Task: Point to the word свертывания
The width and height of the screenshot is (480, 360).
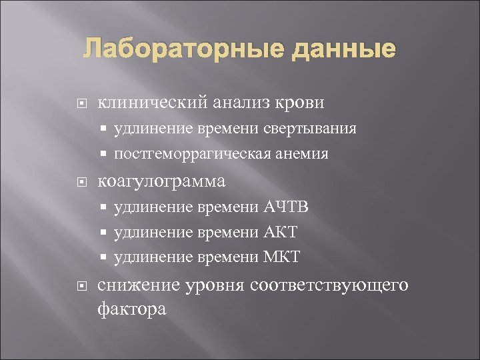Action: pyautogui.click(x=309, y=128)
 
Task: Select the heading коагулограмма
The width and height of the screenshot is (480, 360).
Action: pyautogui.click(x=161, y=181)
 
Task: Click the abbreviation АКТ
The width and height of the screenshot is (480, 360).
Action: pyautogui.click(x=281, y=232)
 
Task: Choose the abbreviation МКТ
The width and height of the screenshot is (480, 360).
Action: pyautogui.click(x=282, y=257)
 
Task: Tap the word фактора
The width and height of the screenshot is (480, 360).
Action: pyautogui.click(x=131, y=309)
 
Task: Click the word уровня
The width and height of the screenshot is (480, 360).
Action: pyautogui.click(x=215, y=286)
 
